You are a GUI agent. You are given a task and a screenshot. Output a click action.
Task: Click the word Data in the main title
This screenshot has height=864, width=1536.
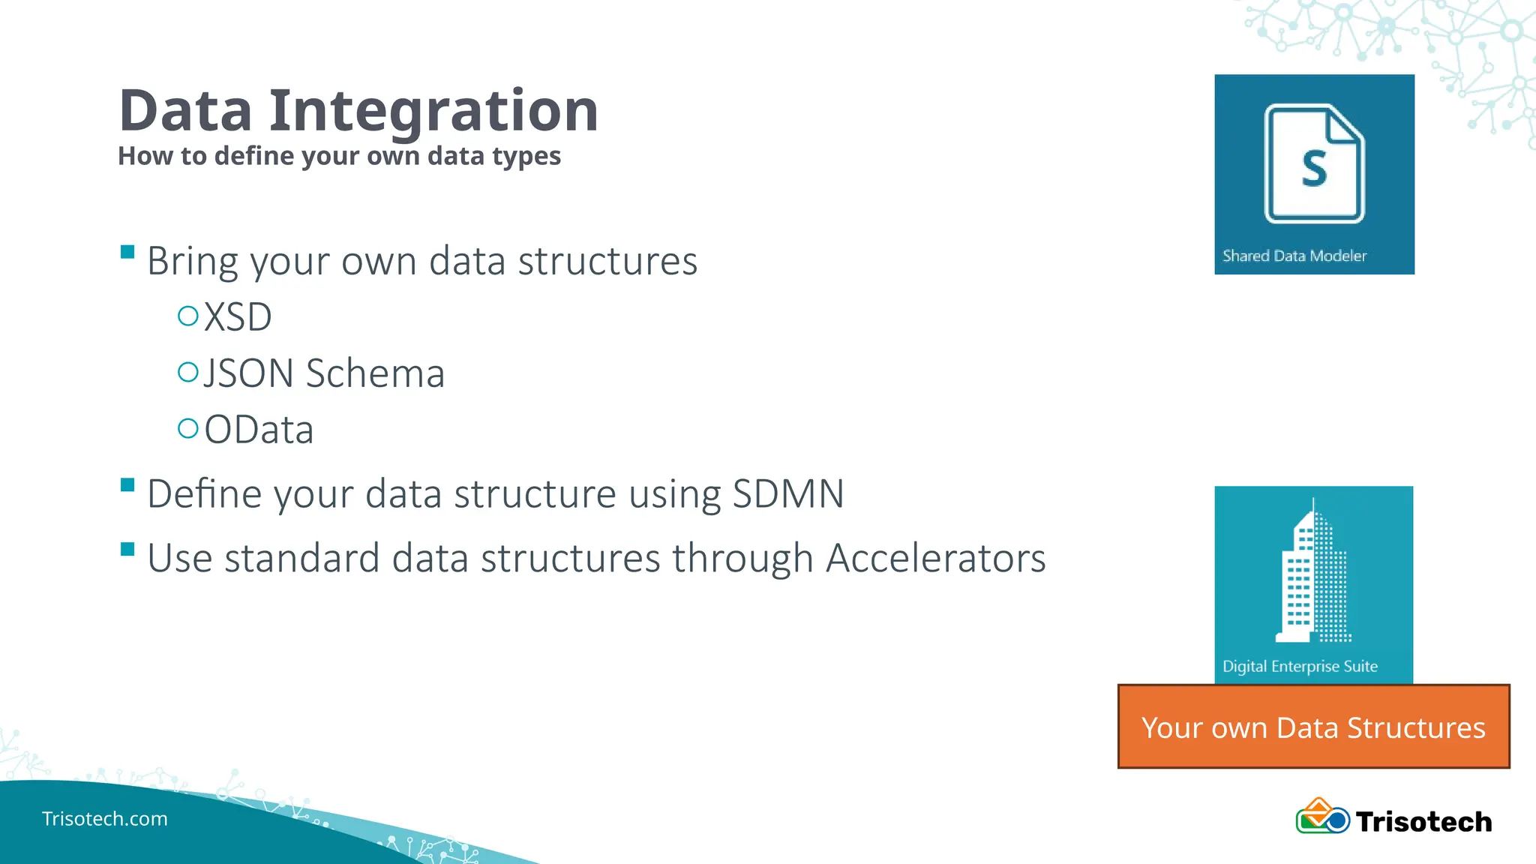pos(185,111)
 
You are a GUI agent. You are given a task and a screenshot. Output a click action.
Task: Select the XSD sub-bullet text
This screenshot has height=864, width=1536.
pos(238,316)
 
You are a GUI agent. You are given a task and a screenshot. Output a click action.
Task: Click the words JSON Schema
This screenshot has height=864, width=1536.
pos(324,373)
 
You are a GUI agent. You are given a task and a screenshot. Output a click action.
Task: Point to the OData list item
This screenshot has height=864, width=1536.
pos(259,429)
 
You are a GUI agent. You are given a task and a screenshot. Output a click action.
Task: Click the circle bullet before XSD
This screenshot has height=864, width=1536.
pos(187,315)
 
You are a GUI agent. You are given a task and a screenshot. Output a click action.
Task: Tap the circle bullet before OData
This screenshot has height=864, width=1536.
pos(187,428)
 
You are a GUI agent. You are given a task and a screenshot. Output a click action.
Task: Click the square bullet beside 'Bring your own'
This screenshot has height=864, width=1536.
pos(127,251)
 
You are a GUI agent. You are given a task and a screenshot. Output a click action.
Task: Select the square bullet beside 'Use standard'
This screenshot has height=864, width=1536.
pos(127,550)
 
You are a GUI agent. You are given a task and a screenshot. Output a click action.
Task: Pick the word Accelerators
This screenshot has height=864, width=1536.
pos(935,558)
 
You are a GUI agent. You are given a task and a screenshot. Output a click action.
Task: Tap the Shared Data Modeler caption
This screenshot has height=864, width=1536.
pos(1294,256)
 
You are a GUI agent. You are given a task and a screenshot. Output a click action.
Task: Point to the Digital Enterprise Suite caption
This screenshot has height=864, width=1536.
pos(1300,666)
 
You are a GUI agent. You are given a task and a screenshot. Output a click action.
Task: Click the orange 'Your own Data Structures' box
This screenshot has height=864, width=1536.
pos(1313,727)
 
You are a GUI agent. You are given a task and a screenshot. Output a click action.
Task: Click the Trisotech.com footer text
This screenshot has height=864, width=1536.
pos(105,818)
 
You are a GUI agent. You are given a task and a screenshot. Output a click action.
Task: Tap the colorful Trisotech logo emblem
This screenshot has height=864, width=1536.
pos(1321,817)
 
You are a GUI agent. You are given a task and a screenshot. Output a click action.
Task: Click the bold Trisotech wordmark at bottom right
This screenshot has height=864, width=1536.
pos(1423,821)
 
